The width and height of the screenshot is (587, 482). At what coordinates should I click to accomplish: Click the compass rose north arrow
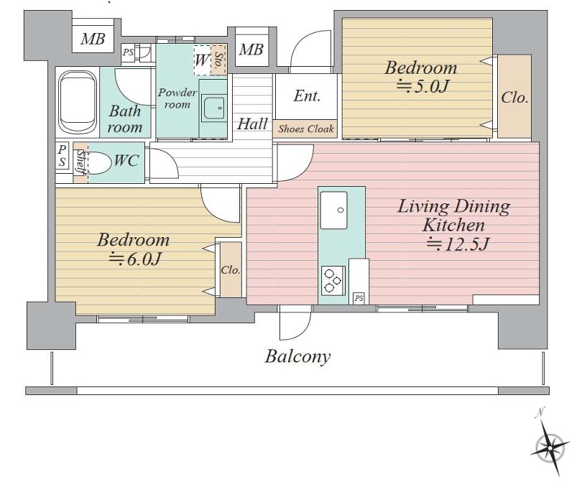coord(550,445)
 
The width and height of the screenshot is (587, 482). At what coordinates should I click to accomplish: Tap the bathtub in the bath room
coord(78,102)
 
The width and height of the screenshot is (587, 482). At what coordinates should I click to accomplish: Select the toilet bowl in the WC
coord(99,163)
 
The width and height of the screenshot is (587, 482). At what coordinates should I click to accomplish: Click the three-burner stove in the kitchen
coord(333,279)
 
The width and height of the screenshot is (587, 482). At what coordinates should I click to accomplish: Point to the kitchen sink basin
coord(333,210)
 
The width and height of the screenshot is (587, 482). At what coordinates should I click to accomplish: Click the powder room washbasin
coord(213,108)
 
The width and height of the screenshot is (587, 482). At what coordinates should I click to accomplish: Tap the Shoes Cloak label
coord(306,129)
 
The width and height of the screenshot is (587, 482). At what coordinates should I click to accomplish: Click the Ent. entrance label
coord(307,96)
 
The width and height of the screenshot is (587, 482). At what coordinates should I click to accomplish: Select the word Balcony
coord(298,356)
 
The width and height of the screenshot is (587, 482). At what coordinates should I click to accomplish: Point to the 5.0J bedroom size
coord(422,86)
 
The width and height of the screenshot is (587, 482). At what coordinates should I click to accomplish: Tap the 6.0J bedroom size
coord(135,259)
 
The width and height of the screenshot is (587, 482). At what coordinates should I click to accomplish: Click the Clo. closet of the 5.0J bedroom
coord(514,96)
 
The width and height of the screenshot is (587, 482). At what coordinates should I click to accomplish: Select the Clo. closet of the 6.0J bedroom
coord(231,270)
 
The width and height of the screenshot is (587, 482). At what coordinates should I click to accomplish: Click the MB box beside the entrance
coord(251,50)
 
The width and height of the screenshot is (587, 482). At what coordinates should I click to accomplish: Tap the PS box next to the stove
coord(359,298)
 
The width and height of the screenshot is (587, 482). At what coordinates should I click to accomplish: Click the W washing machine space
coord(202,60)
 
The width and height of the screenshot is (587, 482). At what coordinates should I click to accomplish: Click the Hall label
coord(253,124)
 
